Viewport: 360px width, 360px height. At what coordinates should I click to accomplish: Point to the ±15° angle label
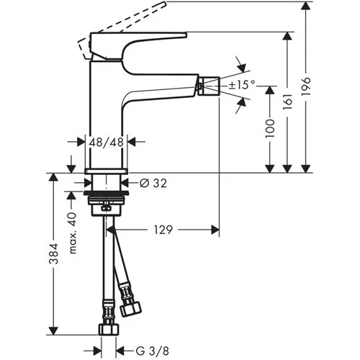pyautogui.click(x=243, y=85)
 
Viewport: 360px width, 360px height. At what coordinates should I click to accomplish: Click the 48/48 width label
pyautogui.click(x=107, y=142)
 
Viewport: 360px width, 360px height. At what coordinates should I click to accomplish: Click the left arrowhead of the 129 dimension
pyautogui.click(x=116, y=230)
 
